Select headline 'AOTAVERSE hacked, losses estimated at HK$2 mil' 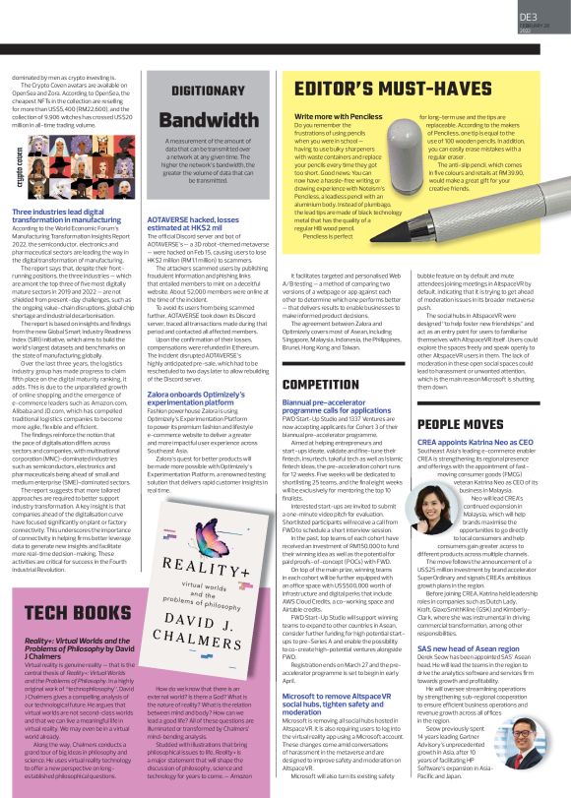click(x=204, y=222)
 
